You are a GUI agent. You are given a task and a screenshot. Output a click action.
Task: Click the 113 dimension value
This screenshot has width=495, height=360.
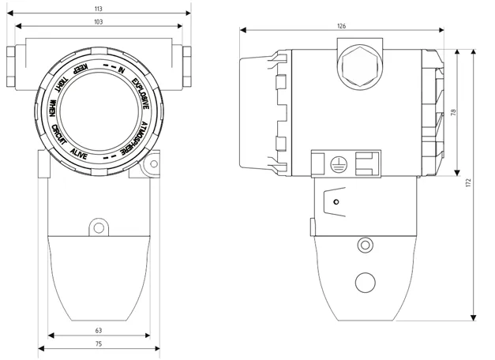click(x=99, y=9)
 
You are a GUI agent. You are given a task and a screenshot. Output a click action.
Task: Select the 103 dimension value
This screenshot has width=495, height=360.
click(x=99, y=22)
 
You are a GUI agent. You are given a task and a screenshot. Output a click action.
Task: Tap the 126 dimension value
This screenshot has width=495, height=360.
click(x=342, y=26)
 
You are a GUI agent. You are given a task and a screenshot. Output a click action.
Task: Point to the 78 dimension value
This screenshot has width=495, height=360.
click(x=454, y=112)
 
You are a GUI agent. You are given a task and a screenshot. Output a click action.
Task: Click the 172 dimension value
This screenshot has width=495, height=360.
click(x=468, y=183)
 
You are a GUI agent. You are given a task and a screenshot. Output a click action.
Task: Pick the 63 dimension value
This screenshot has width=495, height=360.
click(x=99, y=331)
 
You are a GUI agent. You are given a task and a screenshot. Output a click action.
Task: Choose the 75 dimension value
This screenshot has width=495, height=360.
click(x=99, y=344)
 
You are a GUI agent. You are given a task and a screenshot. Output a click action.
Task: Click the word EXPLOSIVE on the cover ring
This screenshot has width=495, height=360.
click(x=141, y=94)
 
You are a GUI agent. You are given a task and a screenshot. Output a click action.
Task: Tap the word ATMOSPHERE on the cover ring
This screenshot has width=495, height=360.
click(x=136, y=138)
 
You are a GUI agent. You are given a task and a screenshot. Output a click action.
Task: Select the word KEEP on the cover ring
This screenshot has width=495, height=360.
click(x=81, y=69)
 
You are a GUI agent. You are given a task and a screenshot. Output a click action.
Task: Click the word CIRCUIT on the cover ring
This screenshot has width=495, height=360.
click(x=59, y=135)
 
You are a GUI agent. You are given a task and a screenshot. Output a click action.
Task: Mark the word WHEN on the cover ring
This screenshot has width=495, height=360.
click(x=53, y=108)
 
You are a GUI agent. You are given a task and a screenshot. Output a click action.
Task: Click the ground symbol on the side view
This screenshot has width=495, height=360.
click(x=339, y=164)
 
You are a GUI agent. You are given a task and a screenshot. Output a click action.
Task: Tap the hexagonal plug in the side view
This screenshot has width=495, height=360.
click(x=360, y=66)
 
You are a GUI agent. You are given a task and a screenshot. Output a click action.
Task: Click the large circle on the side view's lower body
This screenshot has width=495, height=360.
click(x=366, y=283)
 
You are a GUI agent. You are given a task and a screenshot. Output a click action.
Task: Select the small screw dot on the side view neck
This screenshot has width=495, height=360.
click(x=336, y=202)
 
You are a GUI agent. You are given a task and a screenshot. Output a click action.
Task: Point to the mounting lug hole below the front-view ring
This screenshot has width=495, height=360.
click(x=99, y=227)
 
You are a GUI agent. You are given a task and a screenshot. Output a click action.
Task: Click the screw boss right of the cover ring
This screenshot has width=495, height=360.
click(x=154, y=164)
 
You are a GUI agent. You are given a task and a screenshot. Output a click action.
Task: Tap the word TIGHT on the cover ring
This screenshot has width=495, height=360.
click(x=61, y=84)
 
